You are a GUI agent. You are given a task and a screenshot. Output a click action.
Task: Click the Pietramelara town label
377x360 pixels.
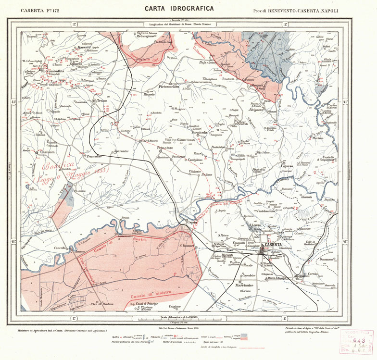coord(169,87)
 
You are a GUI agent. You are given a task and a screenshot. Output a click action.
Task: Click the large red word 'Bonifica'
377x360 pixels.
coord(59,168)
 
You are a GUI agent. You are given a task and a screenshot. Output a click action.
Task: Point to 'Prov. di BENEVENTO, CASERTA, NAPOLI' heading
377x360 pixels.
coord(295,10)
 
